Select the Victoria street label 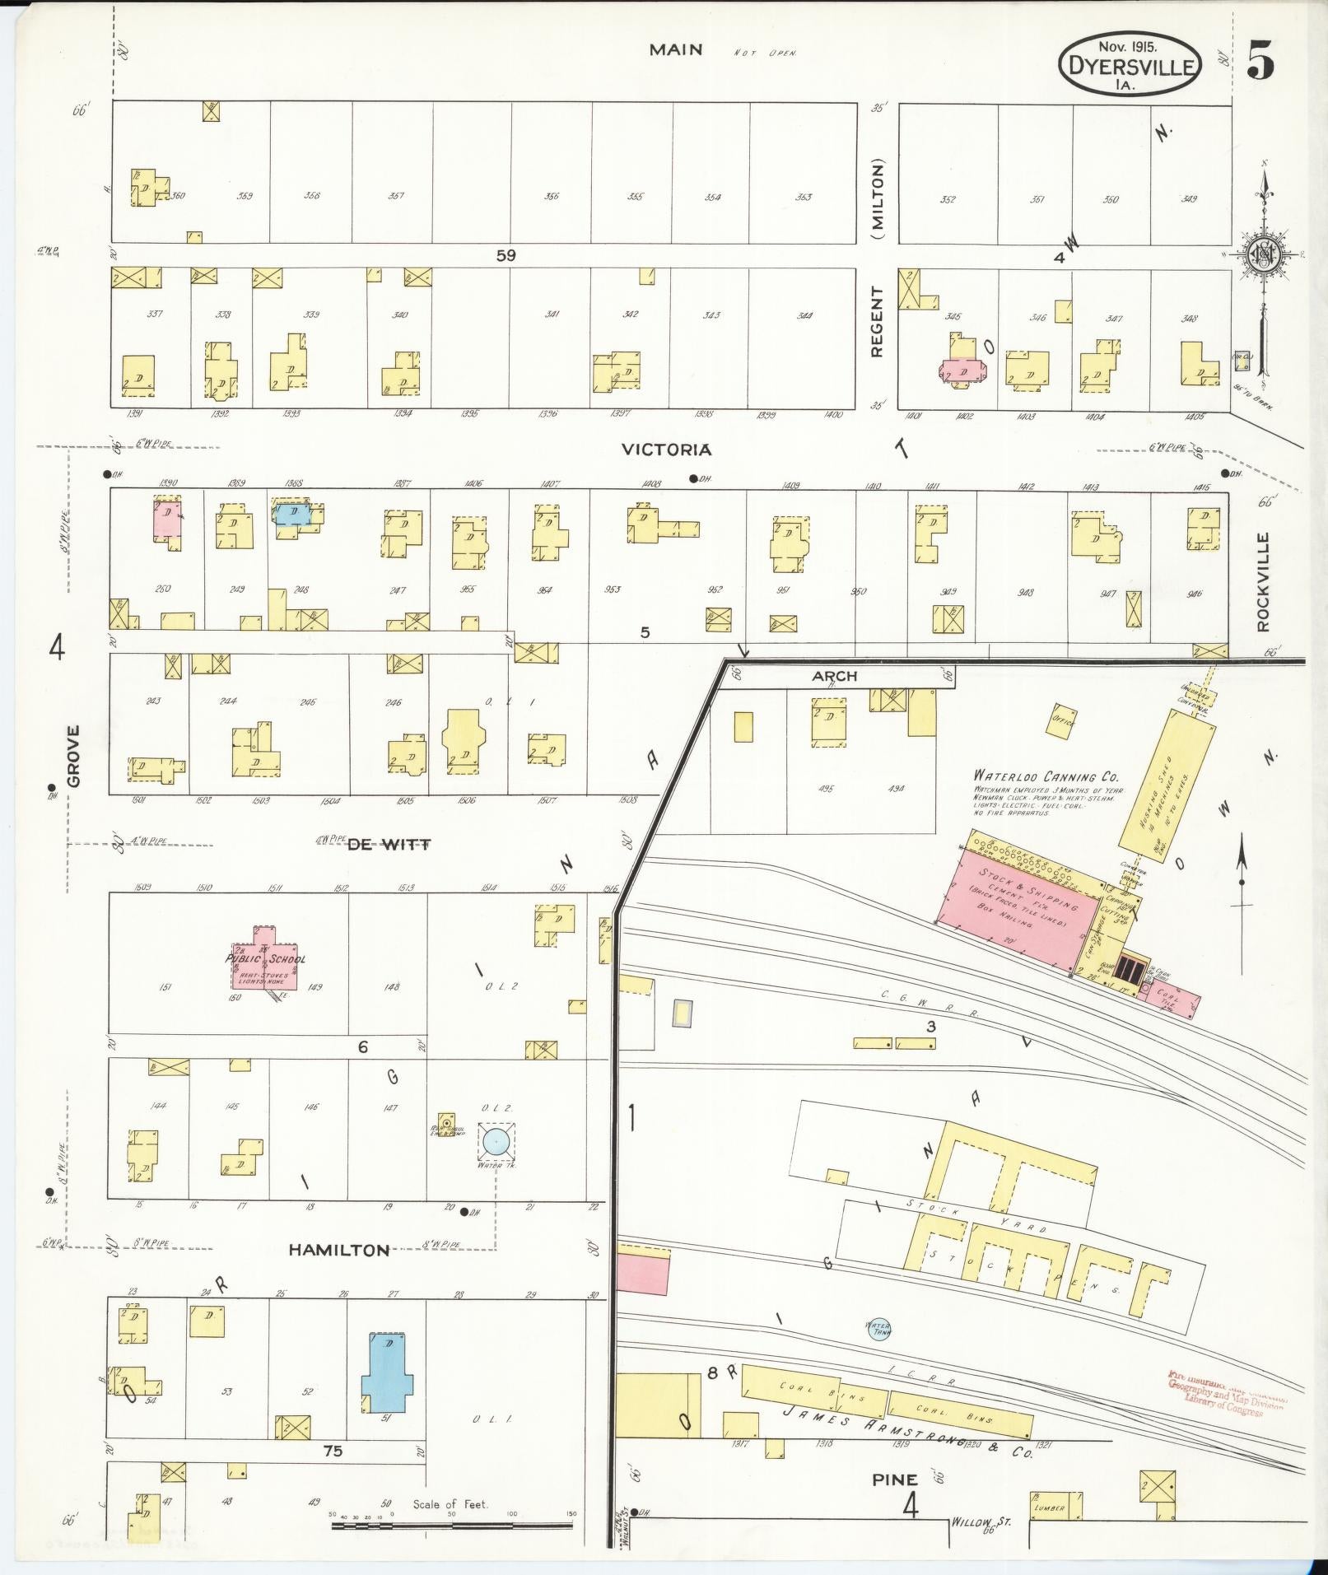[x=666, y=450]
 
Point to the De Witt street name [x=389, y=845]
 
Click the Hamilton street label [x=338, y=1273]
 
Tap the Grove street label [x=74, y=755]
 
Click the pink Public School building [x=265, y=958]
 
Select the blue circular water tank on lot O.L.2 [x=496, y=1141]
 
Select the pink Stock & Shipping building [x=1021, y=909]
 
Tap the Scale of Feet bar [x=452, y=1525]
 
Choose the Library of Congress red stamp [x=1227, y=1394]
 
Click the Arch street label [x=834, y=676]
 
